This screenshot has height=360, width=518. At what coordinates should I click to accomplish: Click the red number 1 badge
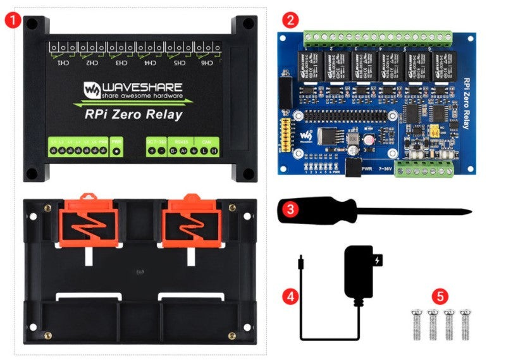11,20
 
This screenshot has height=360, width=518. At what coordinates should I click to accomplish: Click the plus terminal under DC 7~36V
152,151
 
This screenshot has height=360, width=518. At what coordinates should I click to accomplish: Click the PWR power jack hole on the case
117,152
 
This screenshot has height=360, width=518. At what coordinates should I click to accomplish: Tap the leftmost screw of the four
417,321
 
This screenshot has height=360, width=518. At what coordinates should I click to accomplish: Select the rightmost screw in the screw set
466,321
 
